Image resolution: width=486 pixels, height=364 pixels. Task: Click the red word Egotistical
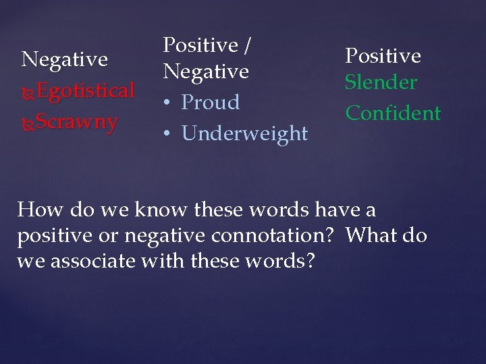(85, 91)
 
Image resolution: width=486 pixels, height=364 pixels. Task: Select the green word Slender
(381, 83)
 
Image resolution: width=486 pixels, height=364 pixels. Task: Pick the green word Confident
(393, 113)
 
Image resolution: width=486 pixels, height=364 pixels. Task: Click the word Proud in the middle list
(211, 102)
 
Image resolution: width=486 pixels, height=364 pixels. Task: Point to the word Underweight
(244, 133)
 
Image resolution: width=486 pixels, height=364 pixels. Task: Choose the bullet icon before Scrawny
(28, 123)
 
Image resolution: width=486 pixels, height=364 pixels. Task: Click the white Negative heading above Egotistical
(64, 59)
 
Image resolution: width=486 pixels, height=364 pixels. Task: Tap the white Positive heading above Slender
(383, 55)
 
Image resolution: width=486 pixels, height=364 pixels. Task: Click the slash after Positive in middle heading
(247, 45)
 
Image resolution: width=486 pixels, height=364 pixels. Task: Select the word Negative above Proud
(206, 71)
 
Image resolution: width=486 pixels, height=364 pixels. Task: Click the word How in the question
(39, 210)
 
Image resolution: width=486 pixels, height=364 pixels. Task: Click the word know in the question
(161, 210)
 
